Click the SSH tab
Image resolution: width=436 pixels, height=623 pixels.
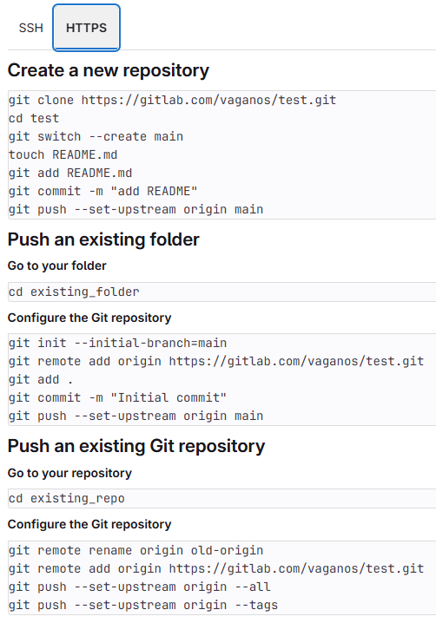tap(30, 28)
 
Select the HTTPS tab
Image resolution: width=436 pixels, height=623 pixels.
tap(86, 28)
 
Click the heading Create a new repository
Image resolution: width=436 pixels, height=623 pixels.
tap(109, 71)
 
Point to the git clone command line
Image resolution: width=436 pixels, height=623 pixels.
tap(172, 100)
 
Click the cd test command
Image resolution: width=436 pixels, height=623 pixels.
tap(34, 118)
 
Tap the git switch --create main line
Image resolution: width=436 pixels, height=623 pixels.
tap(96, 137)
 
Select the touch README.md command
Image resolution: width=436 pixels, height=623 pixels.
tap(63, 155)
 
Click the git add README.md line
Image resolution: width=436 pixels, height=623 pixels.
tap(70, 174)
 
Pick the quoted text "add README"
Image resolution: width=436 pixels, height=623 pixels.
tap(154, 191)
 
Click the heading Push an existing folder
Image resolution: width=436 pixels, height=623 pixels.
tap(103, 240)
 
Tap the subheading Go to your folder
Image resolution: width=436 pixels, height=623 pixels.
tap(56, 266)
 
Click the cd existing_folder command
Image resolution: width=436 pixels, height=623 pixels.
tap(74, 292)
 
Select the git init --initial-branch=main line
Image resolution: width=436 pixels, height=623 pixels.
tap(118, 343)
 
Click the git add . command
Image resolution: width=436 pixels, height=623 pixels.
tap(41, 379)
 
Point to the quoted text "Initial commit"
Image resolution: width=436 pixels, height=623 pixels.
tap(168, 397)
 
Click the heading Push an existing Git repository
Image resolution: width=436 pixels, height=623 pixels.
tap(136, 446)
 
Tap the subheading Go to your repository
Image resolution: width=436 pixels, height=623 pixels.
tap(69, 473)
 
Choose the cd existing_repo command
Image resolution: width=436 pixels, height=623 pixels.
tap(66, 499)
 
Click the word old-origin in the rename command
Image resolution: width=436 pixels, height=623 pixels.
tap(227, 550)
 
